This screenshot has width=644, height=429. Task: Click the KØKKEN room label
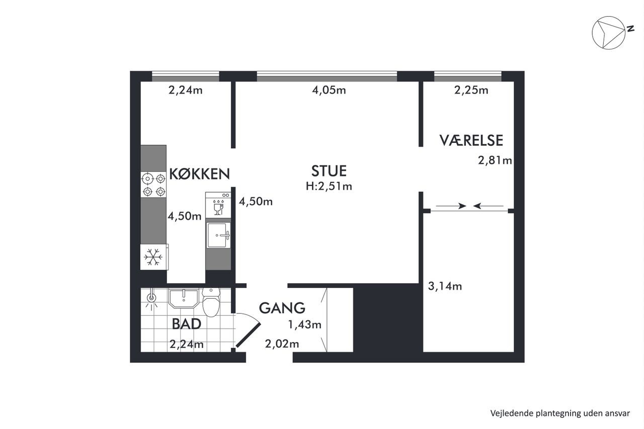(200, 174)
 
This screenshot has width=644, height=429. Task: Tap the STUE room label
(329, 171)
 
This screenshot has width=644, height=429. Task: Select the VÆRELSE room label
(471, 140)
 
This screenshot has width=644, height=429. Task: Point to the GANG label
(282, 308)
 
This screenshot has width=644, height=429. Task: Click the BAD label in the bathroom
(186, 324)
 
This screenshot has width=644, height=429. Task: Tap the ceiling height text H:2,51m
(329, 187)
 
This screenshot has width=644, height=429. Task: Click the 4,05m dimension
(329, 90)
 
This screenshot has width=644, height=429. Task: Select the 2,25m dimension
(471, 90)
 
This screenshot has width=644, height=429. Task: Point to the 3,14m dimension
(445, 286)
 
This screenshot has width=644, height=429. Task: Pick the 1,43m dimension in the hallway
(304, 325)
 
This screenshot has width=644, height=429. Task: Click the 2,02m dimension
(282, 344)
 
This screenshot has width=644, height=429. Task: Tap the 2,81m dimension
(495, 160)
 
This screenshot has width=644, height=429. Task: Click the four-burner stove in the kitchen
(153, 185)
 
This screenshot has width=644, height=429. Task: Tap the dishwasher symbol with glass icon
(218, 205)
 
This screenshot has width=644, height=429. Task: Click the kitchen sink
(218, 235)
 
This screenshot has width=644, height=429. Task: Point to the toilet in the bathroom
(211, 302)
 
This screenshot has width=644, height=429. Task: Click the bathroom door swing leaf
(249, 335)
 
